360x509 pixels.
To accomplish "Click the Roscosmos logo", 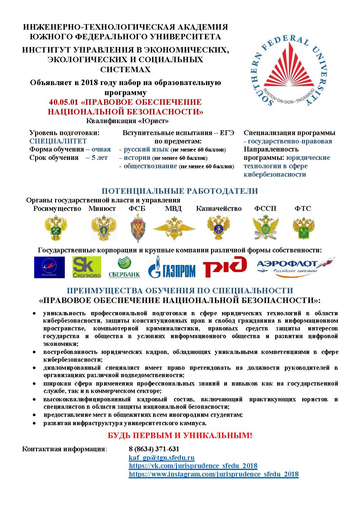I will [49, 267].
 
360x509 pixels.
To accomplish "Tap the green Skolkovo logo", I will [87, 267].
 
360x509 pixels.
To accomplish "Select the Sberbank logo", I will [124, 268].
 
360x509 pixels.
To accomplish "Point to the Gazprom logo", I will [172, 268].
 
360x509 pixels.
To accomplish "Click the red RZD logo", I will [225, 267].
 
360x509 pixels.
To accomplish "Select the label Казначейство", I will [219, 209].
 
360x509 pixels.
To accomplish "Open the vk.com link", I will [193, 466].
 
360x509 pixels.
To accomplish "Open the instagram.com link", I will [214, 474].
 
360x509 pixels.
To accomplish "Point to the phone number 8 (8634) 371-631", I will [154, 449].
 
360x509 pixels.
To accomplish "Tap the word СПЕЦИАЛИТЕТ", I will [58, 141].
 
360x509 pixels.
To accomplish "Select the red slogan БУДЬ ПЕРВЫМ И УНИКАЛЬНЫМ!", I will [180, 436].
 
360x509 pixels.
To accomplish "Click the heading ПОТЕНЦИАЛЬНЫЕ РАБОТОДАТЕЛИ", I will [180, 191].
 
